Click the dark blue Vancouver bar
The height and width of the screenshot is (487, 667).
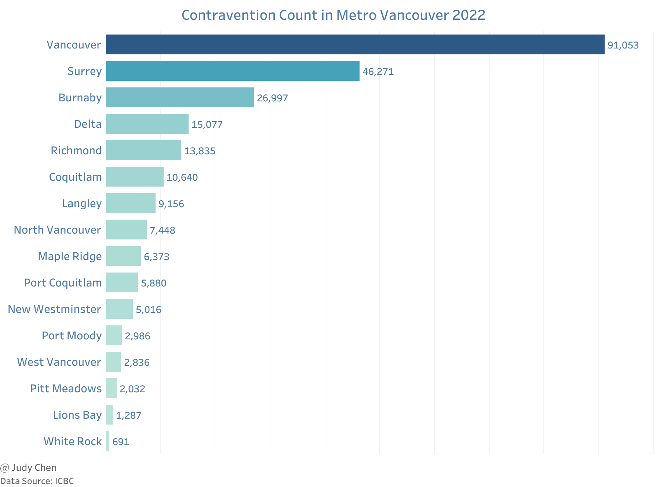point(355,44)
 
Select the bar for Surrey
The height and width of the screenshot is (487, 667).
point(233,71)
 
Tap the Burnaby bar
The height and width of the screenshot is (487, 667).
point(180,97)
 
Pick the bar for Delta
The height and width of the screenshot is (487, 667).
point(147,124)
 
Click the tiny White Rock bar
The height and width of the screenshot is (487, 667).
point(107,441)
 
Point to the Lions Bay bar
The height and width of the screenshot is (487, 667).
point(109,415)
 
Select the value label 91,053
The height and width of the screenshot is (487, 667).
point(623,45)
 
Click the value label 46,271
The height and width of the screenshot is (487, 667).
point(378,72)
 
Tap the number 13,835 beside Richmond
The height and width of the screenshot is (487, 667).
point(200,151)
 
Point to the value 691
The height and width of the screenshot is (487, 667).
point(121,442)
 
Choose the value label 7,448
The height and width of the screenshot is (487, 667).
point(162,230)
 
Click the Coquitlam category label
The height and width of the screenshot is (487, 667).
point(75,177)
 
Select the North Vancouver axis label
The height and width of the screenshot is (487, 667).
point(57,230)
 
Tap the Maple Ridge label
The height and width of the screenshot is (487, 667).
point(70,256)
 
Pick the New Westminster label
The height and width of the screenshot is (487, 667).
point(54,309)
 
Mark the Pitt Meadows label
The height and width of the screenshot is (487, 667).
point(66,389)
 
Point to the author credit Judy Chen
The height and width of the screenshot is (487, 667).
point(33,468)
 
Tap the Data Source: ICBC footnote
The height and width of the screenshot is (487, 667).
point(37,481)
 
